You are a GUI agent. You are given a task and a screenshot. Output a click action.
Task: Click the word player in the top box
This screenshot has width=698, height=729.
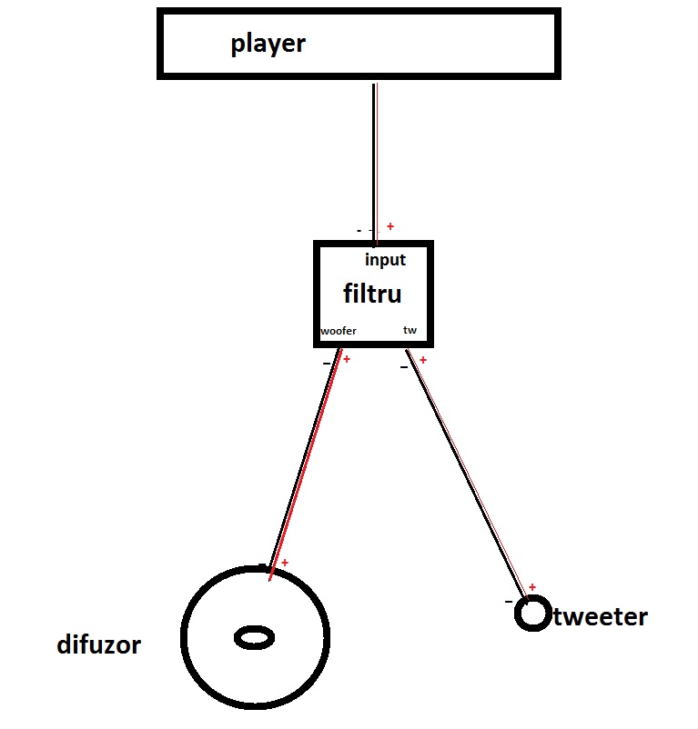[268, 45]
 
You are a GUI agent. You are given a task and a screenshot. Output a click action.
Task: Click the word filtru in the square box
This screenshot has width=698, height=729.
[372, 295]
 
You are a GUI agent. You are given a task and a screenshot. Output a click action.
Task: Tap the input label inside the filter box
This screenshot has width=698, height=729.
[385, 260]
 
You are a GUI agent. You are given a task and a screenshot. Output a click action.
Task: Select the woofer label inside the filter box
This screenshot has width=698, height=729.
[339, 331]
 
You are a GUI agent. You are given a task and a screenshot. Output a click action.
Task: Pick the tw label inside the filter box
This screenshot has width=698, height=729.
[410, 330]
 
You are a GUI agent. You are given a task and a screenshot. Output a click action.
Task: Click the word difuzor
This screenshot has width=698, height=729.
[98, 645]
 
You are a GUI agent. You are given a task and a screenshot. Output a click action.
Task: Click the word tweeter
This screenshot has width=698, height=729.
[601, 618]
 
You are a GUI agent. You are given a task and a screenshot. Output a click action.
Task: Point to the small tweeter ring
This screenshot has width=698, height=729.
[531, 614]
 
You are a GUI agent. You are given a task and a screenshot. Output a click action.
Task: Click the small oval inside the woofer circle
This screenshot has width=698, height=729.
[255, 637]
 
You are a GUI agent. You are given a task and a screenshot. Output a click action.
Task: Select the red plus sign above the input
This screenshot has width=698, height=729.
[390, 226]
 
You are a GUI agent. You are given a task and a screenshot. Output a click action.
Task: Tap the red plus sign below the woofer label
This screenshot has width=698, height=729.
[347, 359]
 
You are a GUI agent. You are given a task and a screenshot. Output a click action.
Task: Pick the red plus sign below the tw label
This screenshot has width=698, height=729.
[423, 360]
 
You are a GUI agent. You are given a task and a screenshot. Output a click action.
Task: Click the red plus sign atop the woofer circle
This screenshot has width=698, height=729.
[285, 564]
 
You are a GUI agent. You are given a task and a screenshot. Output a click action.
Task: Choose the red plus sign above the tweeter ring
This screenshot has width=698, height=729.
[532, 587]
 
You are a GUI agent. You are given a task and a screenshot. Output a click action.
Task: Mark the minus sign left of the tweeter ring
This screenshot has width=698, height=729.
[509, 602]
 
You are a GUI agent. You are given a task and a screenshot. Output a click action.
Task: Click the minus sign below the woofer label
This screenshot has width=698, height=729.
[327, 364]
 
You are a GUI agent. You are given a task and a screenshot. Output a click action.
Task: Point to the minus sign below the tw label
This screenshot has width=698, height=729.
[404, 367]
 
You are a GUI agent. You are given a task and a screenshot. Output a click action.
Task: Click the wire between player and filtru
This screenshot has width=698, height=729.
[374, 164]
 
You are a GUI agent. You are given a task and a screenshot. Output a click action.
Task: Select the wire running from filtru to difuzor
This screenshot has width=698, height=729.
[305, 464]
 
